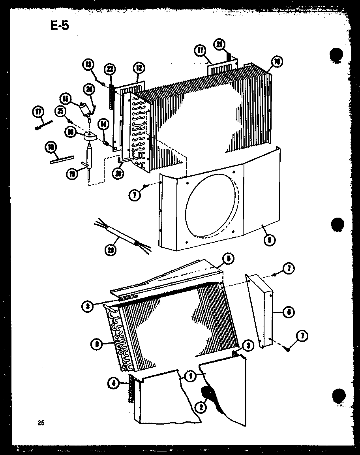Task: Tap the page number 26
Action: point(41,423)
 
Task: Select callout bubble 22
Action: point(110,70)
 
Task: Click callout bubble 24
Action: point(90,90)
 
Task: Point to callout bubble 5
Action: point(228,259)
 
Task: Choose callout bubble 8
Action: point(96,344)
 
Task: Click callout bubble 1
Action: point(191,376)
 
